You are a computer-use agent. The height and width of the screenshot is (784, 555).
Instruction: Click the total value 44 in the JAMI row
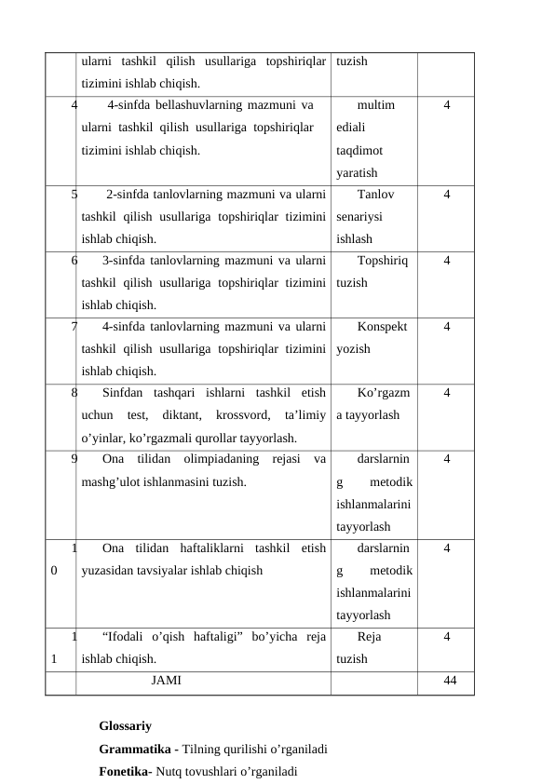pos(450,681)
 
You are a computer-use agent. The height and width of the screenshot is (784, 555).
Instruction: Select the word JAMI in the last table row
pos(166,681)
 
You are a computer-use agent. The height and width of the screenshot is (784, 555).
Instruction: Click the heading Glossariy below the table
pos(125,725)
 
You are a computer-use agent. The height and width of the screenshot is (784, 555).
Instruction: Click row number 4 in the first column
pos(74,105)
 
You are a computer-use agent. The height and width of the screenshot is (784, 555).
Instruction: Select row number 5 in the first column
pos(74,195)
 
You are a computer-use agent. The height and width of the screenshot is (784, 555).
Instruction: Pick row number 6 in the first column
pos(74,261)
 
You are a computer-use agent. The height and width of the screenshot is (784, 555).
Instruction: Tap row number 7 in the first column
pos(74,327)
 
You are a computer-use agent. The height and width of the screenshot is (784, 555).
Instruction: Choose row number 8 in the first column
pos(74,393)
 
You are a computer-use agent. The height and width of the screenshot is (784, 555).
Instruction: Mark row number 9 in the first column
pos(74,458)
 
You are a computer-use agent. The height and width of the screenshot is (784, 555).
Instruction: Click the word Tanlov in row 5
pos(375,195)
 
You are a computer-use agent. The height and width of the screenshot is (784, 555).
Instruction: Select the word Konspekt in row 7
pos(382,327)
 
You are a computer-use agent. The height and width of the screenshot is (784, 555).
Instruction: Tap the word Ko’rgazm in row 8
pos(385,393)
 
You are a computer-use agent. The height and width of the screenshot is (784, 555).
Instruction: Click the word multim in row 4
pos(375,105)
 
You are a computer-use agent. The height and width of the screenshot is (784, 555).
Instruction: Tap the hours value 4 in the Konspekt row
pos(448,327)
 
